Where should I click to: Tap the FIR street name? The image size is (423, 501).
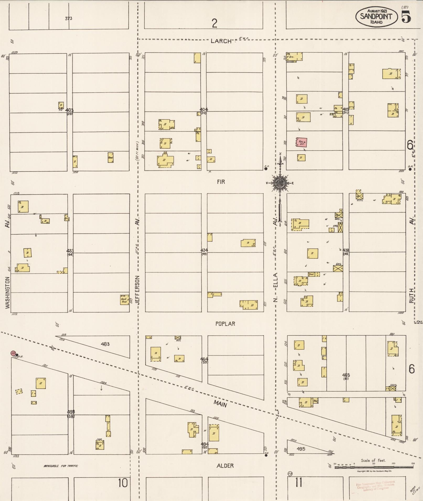click(x=221, y=182)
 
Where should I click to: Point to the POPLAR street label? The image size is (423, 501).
click(x=225, y=324)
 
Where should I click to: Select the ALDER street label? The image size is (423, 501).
click(x=225, y=466)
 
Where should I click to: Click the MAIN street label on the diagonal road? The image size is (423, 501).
click(x=220, y=404)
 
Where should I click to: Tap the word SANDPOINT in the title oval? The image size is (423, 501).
click(x=376, y=16)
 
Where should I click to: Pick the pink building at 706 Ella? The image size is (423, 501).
click(x=302, y=142)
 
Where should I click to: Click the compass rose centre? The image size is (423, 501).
click(x=280, y=183)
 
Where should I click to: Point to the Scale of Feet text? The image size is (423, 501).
click(x=373, y=460)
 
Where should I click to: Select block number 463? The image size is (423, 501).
click(x=105, y=344)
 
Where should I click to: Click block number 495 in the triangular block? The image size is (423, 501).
click(x=301, y=449)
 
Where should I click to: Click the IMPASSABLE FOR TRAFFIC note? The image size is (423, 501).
click(x=61, y=466)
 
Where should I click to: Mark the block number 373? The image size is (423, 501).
click(x=68, y=19)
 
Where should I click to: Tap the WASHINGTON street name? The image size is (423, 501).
click(x=7, y=292)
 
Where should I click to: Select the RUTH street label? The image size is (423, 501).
click(x=411, y=296)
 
